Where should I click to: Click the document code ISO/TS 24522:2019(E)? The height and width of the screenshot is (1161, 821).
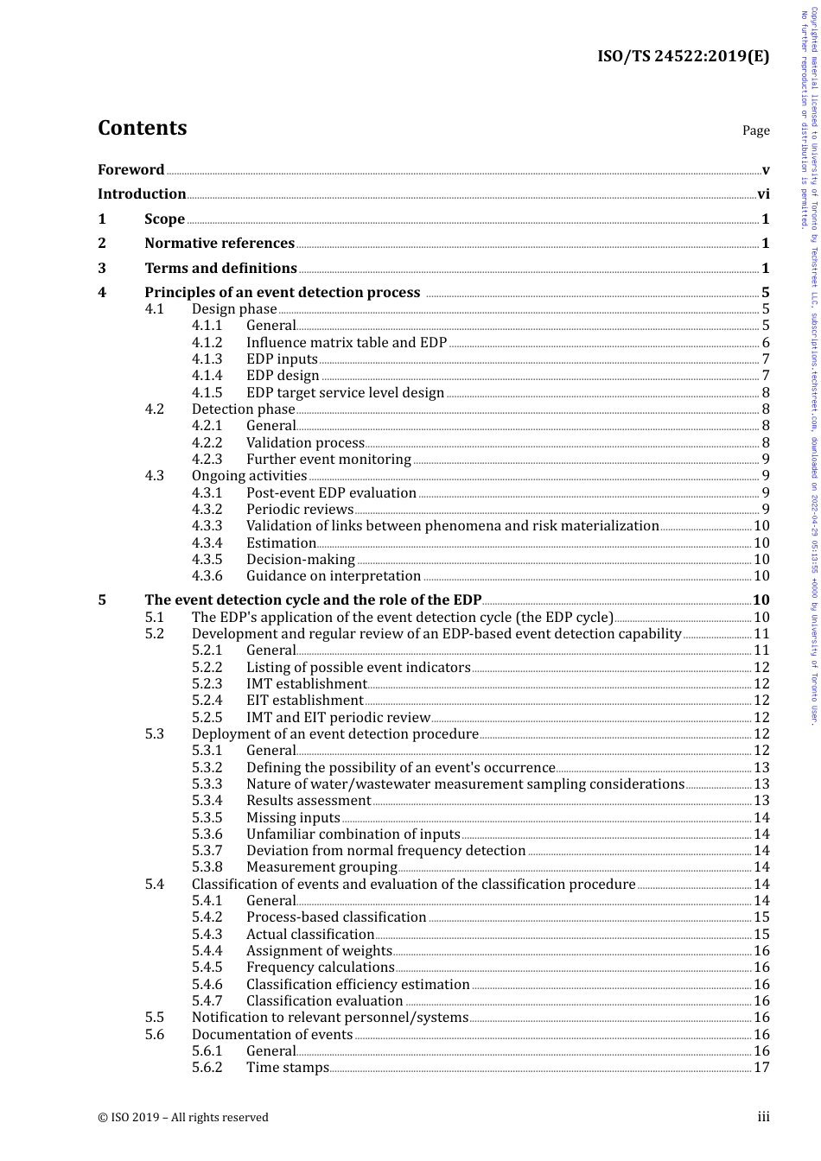point(683,57)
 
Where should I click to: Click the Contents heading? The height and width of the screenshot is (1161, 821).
point(142,128)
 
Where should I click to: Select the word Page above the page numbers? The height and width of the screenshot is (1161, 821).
point(755,130)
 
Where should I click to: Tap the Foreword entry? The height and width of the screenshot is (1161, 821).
point(130,170)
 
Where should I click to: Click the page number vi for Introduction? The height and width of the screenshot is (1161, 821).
point(763,194)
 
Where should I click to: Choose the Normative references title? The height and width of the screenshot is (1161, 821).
point(220,244)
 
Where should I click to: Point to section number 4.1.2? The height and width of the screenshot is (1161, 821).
point(207,343)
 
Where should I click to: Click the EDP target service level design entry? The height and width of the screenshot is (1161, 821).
point(345,393)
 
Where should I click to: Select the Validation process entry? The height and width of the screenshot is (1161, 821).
point(305,443)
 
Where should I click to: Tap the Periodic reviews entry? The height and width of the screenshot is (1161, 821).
point(300,510)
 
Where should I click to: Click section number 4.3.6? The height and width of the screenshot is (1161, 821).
point(207,576)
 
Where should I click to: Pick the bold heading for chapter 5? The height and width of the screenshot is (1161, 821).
point(313,600)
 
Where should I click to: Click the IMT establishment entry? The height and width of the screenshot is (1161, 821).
point(306,684)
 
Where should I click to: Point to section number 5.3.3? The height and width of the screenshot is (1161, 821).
point(207,784)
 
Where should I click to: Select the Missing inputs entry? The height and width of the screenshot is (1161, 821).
point(293,818)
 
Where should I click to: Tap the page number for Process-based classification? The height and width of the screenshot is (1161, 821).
point(761,917)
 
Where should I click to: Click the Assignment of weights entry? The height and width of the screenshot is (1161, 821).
point(319,951)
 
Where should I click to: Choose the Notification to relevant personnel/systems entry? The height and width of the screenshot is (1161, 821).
point(330,1018)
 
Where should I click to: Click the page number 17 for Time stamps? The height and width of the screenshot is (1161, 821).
point(761,1068)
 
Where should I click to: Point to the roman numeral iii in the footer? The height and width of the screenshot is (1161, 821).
point(763,1117)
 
